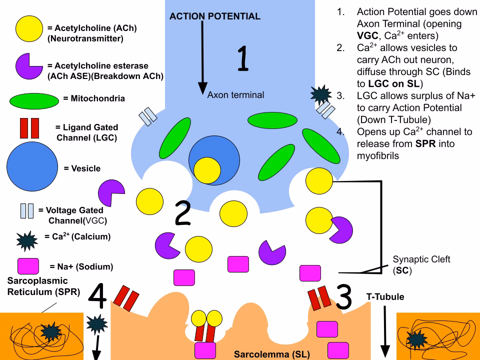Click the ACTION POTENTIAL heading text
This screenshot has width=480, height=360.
coord(215,16)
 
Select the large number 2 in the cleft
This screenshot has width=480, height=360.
coord(183,214)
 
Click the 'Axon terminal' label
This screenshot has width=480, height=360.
coord(235,94)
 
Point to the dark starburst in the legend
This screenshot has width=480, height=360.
coord(26,240)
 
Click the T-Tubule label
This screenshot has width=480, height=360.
coord(385,297)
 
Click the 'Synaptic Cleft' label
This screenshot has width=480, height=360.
coord(421,259)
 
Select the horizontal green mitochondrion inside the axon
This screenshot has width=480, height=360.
coord(271,120)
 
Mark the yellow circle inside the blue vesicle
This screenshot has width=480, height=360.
coord(207,169)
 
